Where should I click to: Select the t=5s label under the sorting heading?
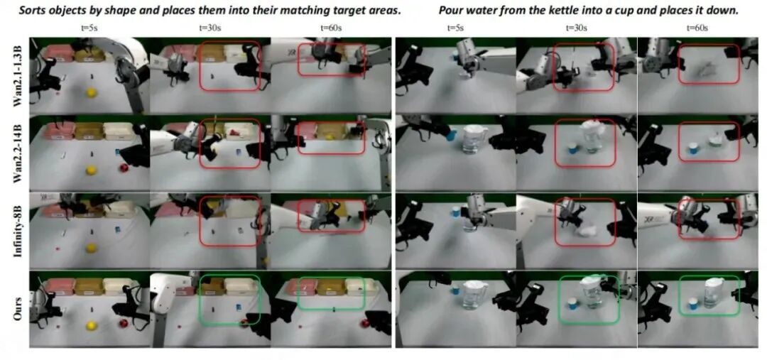[89, 28]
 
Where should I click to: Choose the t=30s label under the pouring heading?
[576, 28]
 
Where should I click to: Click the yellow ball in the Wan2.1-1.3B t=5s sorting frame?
[90, 92]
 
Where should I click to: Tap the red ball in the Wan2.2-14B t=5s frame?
[124, 168]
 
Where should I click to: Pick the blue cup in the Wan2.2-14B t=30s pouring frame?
[572, 148]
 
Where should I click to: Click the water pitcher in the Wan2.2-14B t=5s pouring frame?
[472, 139]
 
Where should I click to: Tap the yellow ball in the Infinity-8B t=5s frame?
[90, 249]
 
